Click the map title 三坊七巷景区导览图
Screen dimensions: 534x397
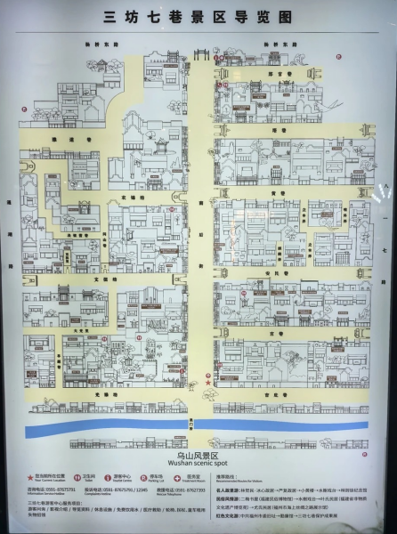(x=198, y=16)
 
